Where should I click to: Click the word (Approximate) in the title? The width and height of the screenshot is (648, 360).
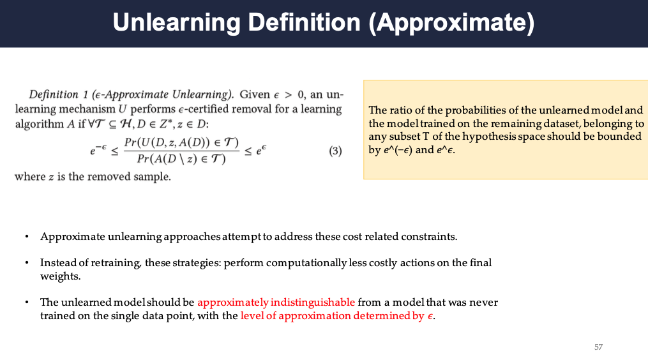click(451, 23)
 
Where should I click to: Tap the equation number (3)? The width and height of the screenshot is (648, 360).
click(335, 151)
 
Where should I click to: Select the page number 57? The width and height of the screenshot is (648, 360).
click(598, 347)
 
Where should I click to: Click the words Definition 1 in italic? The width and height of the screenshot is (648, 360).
click(58, 94)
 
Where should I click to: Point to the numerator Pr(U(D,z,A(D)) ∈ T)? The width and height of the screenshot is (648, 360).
click(182, 142)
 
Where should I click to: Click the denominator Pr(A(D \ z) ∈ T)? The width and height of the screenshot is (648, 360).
click(181, 159)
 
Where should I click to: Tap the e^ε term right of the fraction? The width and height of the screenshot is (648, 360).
click(261, 149)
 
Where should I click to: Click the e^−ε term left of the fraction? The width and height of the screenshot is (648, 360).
click(98, 149)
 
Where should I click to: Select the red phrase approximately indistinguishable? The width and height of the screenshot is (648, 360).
click(276, 302)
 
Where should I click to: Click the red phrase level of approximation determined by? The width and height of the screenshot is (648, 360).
click(332, 316)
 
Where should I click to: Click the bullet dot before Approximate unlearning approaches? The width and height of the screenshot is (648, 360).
click(27, 237)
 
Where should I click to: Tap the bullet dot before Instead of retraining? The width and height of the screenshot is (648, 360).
click(27, 263)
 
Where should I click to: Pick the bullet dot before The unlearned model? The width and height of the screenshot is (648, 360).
click(27, 303)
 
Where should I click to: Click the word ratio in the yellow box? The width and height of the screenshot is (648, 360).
click(397, 110)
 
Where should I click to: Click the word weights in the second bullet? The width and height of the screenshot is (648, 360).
click(61, 276)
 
